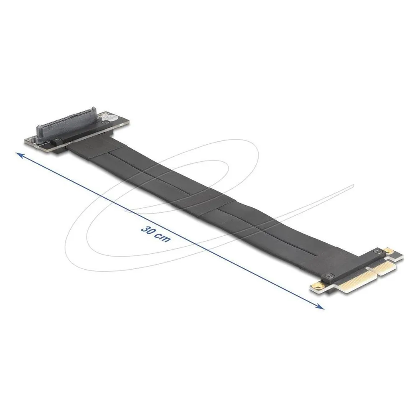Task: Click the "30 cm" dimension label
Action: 155,234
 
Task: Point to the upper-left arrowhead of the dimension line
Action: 20,155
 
